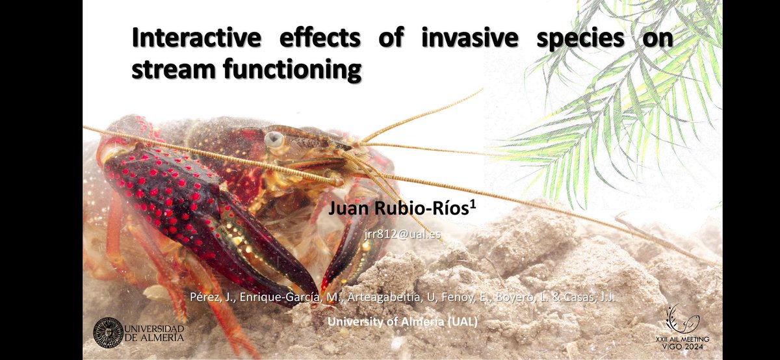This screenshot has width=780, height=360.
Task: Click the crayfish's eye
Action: tap(274, 139)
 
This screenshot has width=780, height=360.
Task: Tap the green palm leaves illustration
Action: tap(624, 97)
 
